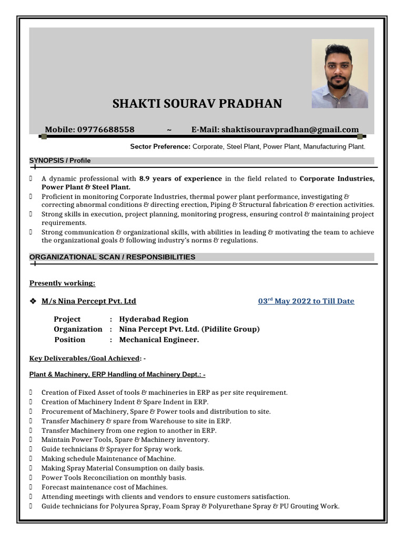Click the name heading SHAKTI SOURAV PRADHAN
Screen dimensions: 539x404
click(197, 104)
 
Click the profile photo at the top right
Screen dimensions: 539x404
click(339, 74)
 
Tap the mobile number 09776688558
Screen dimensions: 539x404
click(106, 129)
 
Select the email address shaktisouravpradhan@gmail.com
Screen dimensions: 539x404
click(290, 129)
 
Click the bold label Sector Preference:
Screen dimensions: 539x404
click(160, 147)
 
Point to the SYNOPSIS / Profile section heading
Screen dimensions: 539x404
click(60, 161)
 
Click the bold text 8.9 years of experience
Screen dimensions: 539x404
click(180, 179)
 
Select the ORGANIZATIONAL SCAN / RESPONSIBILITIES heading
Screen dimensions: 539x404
click(113, 257)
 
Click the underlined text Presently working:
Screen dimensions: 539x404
click(62, 283)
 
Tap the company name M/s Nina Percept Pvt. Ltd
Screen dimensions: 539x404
click(89, 301)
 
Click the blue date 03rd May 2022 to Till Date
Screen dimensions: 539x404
click(306, 301)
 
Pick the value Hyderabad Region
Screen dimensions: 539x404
click(154, 319)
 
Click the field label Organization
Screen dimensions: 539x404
click(78, 329)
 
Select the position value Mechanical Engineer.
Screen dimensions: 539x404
click(159, 340)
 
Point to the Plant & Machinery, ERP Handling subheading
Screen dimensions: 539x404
click(117, 374)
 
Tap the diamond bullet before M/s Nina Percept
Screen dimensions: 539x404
click(33, 301)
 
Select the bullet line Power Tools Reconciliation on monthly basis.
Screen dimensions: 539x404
click(114, 477)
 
